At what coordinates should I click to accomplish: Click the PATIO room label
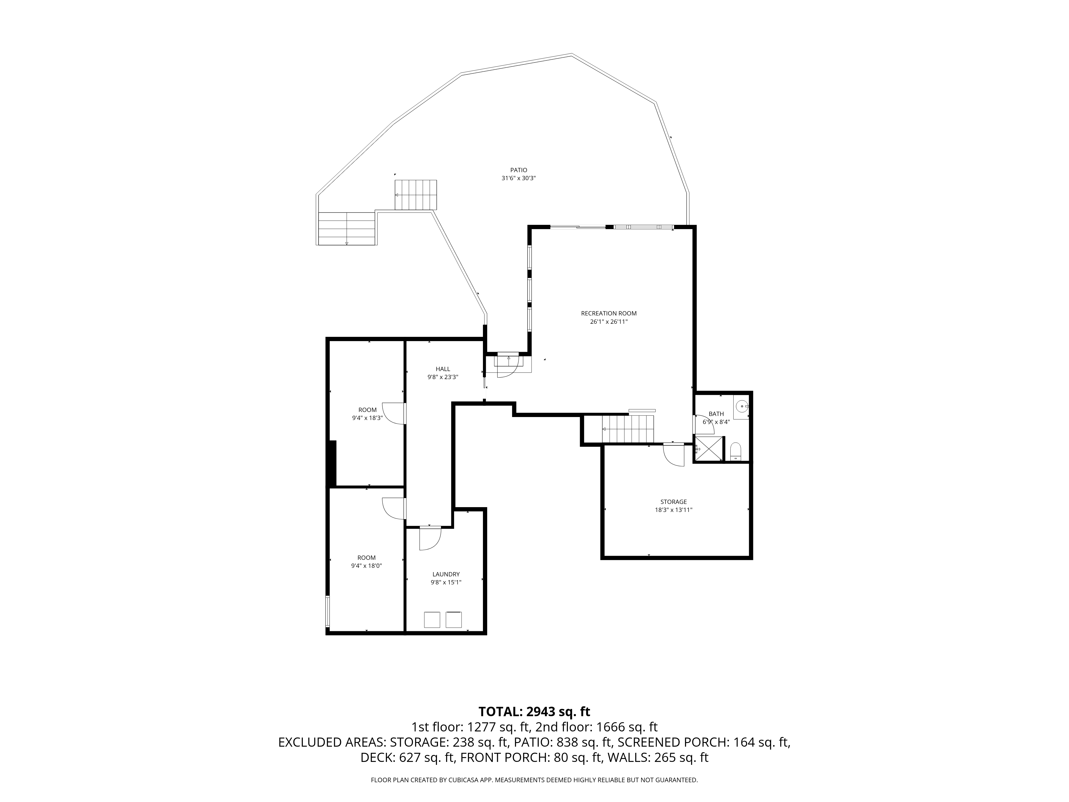518,170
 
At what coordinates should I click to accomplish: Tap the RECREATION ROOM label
609,313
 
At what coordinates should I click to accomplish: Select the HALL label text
443,369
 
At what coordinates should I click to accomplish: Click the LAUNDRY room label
446,574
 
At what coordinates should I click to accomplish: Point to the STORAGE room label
674,502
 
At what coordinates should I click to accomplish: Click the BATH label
716,414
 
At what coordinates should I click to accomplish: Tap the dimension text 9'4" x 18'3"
367,418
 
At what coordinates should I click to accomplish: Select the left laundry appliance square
432,620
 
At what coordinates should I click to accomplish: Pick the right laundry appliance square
453,620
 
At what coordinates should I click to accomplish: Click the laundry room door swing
430,538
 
